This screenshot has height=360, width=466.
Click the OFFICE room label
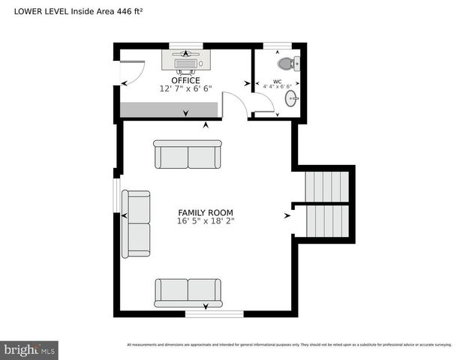click(185, 80)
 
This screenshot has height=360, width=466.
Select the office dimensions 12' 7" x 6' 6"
click(185, 88)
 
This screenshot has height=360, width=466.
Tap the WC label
click(277, 81)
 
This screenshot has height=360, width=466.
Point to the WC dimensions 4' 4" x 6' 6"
click(277, 87)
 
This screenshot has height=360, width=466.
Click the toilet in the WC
click(291, 63)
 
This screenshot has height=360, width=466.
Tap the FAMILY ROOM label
click(205, 212)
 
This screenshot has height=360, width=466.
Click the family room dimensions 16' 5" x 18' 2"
click(205, 221)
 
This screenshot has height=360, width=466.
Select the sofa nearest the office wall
click(188, 155)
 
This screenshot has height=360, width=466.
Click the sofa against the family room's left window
click(137, 223)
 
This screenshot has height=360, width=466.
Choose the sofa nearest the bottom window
click(188, 292)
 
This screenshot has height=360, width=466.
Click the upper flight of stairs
click(326, 185)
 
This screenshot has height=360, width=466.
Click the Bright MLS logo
click(29, 349)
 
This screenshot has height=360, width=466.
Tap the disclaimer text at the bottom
click(289, 345)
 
